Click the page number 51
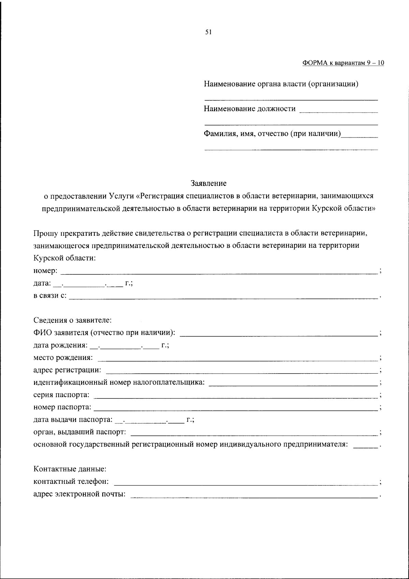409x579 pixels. click(209, 32)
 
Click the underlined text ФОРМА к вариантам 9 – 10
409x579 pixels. click(343, 63)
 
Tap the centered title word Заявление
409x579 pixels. click(209, 183)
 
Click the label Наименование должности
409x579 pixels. click(249, 109)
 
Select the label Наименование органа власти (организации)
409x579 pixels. click(281, 84)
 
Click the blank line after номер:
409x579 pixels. click(218, 272)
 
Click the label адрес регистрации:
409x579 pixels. click(67, 370)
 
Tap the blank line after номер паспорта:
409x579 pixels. click(235, 408)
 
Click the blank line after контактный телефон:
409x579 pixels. click(245, 483)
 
